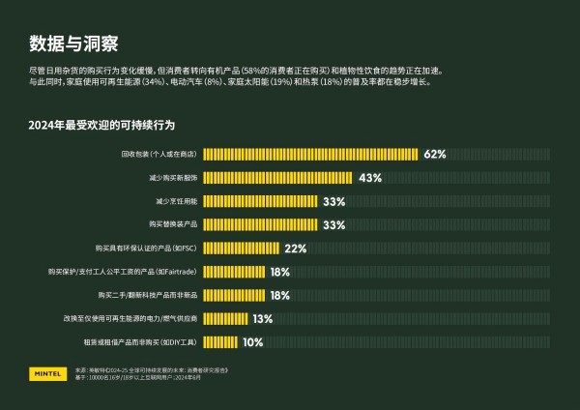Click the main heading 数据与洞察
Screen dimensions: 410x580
(x=73, y=44)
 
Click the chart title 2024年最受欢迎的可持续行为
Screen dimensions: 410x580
(x=101, y=126)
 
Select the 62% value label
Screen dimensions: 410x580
(x=434, y=154)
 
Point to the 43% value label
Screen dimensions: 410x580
(x=370, y=178)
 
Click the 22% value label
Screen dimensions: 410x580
(x=295, y=249)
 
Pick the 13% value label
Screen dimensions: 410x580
(x=263, y=318)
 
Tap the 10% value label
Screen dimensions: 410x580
(x=252, y=341)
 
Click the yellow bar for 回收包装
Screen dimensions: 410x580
(x=310, y=154)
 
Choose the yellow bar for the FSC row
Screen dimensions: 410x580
(x=241, y=249)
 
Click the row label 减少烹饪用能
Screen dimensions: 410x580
(x=176, y=201)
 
